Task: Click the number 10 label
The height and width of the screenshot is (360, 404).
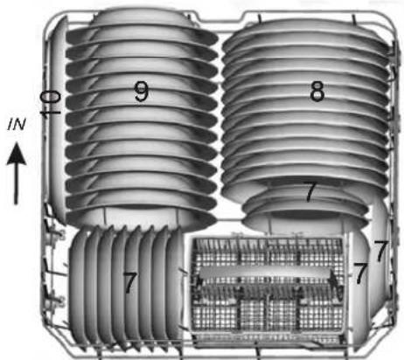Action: pos(51,102)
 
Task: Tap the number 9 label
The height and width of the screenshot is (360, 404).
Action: pos(141,92)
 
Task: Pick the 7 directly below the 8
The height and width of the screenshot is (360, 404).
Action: pos(310,192)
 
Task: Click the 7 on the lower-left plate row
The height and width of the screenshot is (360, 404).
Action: pos(130,282)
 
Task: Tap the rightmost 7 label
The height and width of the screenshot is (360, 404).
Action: pos(380,251)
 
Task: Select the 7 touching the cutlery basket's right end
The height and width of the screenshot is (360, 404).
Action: pos(359,273)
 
